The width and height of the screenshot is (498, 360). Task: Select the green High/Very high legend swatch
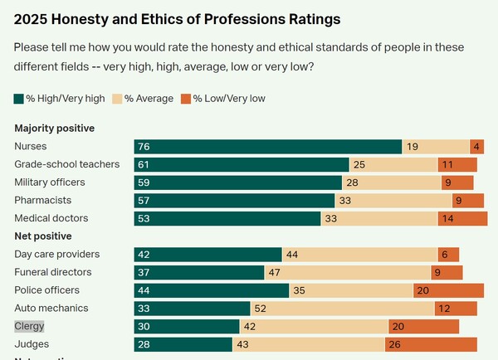coord(19,99)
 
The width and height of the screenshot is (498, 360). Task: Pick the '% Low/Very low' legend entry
coord(225,99)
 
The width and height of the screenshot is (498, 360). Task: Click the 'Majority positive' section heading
coord(54,129)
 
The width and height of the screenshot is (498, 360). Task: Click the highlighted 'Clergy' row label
coord(29,327)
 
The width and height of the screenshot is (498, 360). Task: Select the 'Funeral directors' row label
coord(53,272)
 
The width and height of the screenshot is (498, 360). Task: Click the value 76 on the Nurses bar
coord(144,147)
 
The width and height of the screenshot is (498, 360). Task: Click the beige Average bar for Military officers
coord(392,182)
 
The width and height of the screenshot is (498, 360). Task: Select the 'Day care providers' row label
coord(57,254)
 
